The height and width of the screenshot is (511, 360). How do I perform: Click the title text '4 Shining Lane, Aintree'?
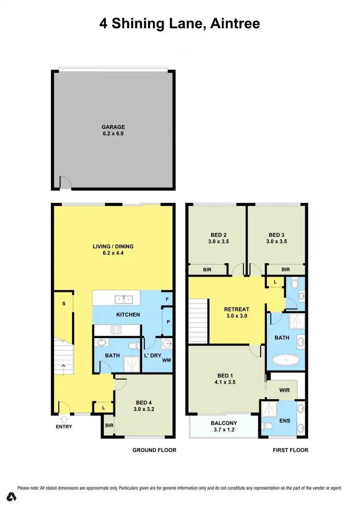tap(180, 23)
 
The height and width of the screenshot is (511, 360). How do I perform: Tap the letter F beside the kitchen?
tap(168, 298)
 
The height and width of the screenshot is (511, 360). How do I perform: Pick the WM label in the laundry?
tap(167, 360)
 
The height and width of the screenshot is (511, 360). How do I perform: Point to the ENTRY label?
tap(63, 426)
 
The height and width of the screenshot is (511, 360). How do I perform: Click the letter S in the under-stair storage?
tap(63, 304)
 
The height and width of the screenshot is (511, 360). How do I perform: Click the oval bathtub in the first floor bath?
tap(286, 359)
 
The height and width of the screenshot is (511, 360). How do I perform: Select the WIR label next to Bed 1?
tap(285, 390)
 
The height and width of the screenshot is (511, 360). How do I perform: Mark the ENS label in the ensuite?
tap(285, 420)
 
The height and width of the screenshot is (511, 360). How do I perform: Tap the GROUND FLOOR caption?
tap(155, 450)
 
